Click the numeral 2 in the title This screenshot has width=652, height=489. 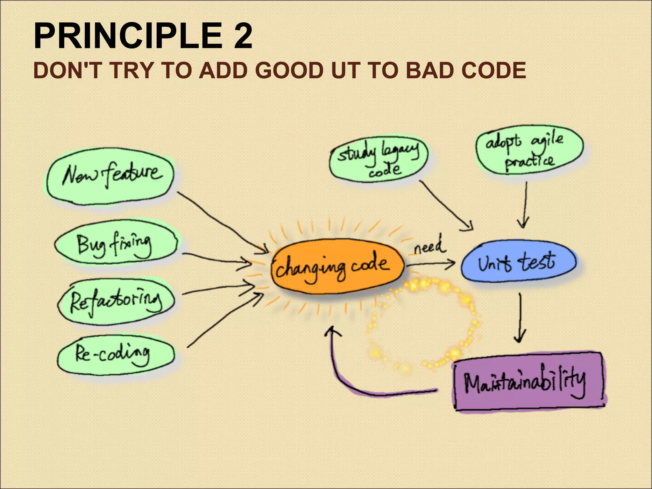tap(243, 36)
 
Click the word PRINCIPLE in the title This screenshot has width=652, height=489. tap(127, 36)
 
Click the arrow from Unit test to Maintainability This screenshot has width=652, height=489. tap(520, 318)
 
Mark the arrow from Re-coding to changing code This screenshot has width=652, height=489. tap(226, 320)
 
